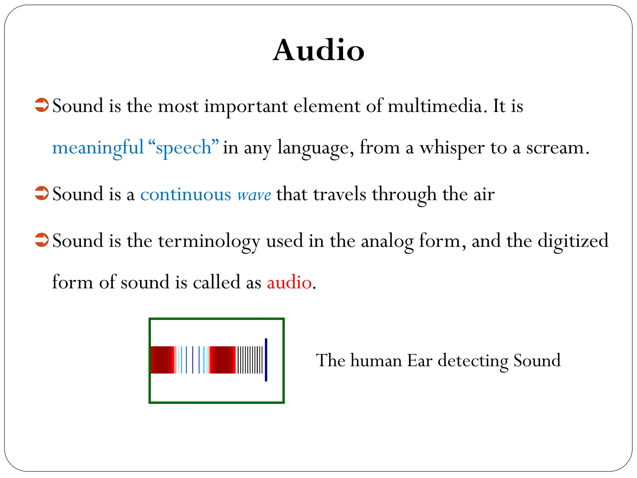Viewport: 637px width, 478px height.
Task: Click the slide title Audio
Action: click(318, 50)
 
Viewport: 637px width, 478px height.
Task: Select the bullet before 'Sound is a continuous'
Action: click(42, 193)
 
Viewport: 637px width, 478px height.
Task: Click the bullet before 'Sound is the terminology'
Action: click(42, 240)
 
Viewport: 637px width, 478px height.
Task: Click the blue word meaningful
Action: click(98, 148)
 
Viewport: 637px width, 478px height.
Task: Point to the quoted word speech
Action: click(184, 148)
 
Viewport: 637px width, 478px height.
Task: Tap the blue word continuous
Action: click(186, 194)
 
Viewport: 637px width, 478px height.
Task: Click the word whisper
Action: click(452, 148)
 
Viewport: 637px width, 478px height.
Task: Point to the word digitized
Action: click(573, 241)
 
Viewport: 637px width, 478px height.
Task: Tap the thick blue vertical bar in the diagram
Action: click(266, 360)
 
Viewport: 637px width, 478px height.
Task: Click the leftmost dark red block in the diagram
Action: click(161, 360)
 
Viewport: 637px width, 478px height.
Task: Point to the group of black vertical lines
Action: click(250, 360)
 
